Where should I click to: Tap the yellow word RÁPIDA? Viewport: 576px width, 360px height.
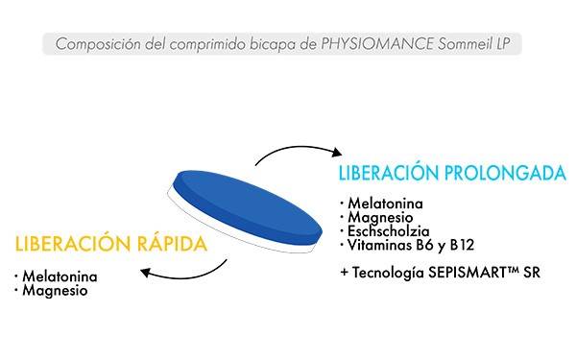coord(174,243)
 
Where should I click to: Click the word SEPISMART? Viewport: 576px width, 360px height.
coord(474,273)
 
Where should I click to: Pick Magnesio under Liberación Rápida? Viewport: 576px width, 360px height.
coord(54,290)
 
